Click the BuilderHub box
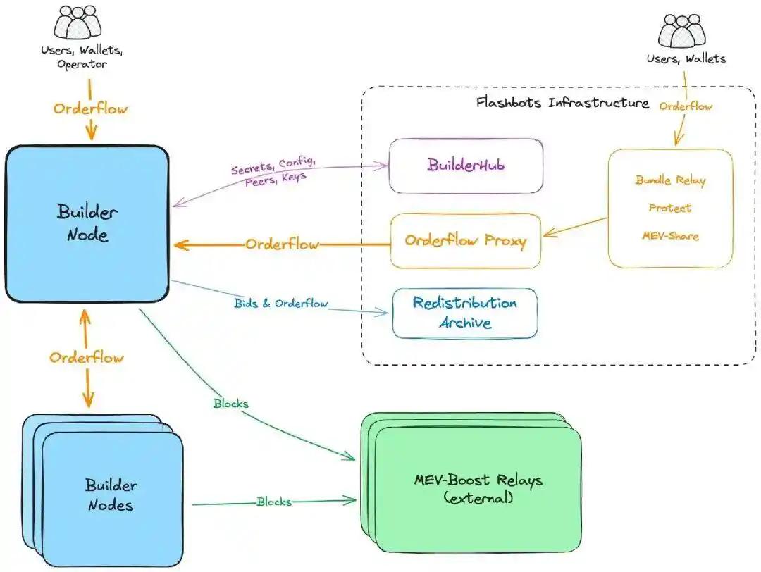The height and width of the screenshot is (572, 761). [x=465, y=165]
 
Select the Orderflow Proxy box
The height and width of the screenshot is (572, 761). [x=465, y=241]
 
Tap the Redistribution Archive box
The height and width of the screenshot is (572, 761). [x=464, y=313]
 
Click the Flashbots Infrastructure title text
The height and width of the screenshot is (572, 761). [x=562, y=103]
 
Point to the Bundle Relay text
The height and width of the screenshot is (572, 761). [x=670, y=180]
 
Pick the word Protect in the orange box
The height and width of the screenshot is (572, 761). [x=669, y=208]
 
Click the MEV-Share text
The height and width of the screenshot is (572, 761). [x=669, y=235]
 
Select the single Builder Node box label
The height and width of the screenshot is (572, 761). [x=87, y=223]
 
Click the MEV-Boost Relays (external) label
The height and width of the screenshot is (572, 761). [x=478, y=489]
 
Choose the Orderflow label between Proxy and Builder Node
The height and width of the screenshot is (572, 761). [x=282, y=244]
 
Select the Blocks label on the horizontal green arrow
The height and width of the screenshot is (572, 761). [x=273, y=502]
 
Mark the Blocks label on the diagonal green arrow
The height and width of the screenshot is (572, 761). [x=230, y=404]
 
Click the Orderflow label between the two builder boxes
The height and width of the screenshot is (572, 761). [x=86, y=357]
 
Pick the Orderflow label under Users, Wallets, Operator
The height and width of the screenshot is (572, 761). [x=91, y=109]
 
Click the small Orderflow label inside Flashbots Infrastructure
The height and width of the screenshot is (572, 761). [x=686, y=106]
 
